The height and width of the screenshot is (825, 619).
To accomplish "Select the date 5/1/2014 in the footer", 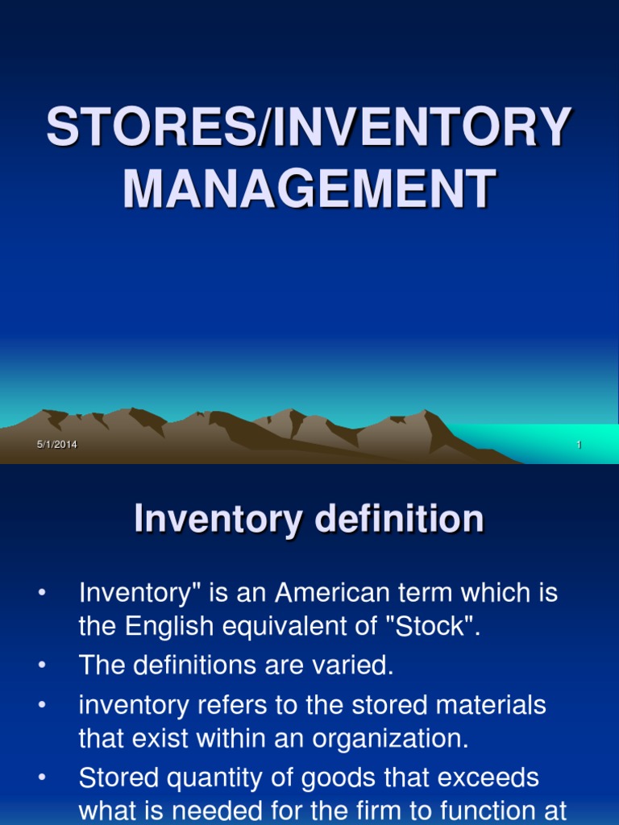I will point(56,446).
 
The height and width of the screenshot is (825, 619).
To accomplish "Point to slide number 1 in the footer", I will point(579,446).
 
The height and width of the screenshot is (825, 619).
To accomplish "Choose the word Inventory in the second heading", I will point(216,520).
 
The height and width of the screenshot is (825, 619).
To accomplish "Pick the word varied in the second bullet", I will point(356,665).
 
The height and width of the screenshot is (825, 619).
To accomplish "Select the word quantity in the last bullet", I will point(206,777).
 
